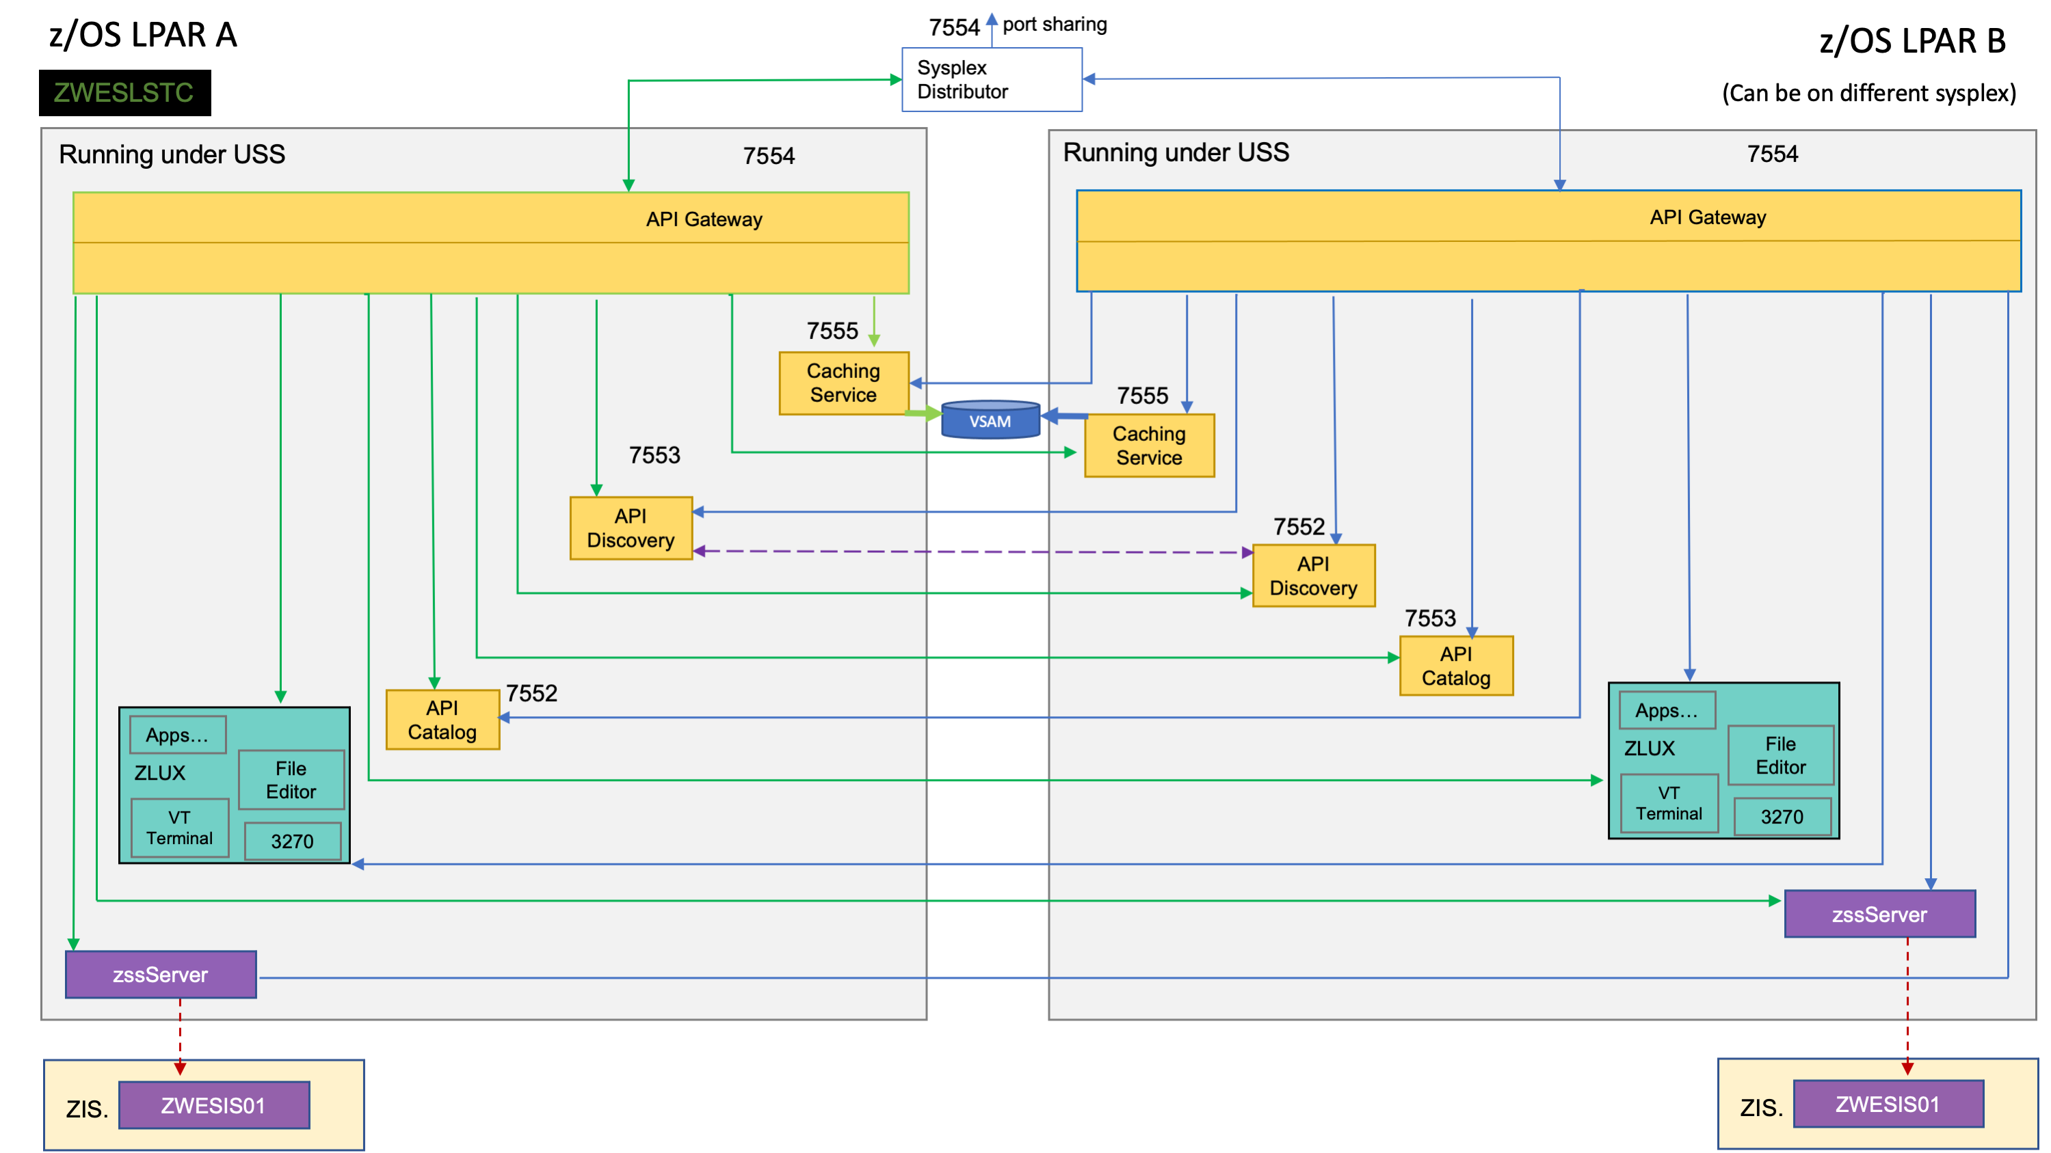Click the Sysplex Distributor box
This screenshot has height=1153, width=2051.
(x=991, y=79)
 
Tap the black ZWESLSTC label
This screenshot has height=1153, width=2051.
(x=125, y=93)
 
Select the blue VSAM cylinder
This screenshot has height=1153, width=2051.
(x=990, y=420)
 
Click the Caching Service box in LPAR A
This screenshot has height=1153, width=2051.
(x=843, y=383)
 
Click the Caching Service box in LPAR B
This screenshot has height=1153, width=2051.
(x=1149, y=446)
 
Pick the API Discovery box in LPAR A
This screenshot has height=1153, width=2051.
(x=631, y=528)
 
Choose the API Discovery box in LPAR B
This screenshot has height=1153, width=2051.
(x=1313, y=575)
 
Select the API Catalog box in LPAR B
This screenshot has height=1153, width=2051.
(x=1455, y=665)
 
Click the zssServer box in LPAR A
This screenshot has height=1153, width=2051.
(x=161, y=974)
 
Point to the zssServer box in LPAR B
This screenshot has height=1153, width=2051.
(x=1879, y=914)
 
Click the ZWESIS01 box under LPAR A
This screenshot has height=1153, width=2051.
(x=213, y=1104)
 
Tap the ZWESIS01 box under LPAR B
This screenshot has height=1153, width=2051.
(x=1887, y=1104)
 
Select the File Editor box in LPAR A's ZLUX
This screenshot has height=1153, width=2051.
(x=291, y=780)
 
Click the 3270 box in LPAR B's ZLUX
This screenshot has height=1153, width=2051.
(x=1781, y=817)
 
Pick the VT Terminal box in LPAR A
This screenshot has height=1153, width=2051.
(x=179, y=828)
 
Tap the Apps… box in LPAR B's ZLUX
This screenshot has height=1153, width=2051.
(x=1666, y=711)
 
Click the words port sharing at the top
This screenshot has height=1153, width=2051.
(x=1054, y=25)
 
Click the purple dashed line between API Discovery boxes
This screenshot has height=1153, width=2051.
(x=971, y=552)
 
